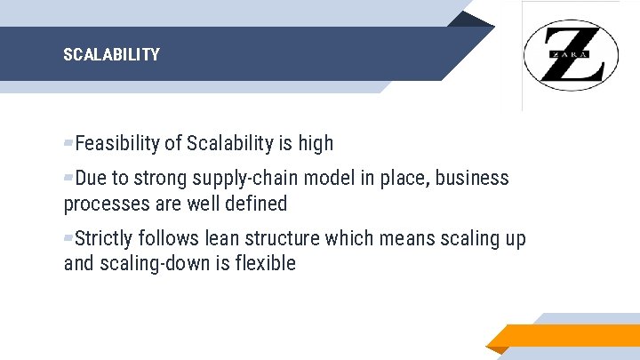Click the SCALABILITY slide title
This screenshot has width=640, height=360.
(111, 55)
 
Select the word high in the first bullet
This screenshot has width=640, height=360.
(316, 143)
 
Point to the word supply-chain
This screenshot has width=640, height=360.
(251, 178)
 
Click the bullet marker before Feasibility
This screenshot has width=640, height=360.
(68, 143)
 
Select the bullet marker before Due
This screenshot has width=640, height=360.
(68, 178)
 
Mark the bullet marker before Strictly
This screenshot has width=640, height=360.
(68, 238)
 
